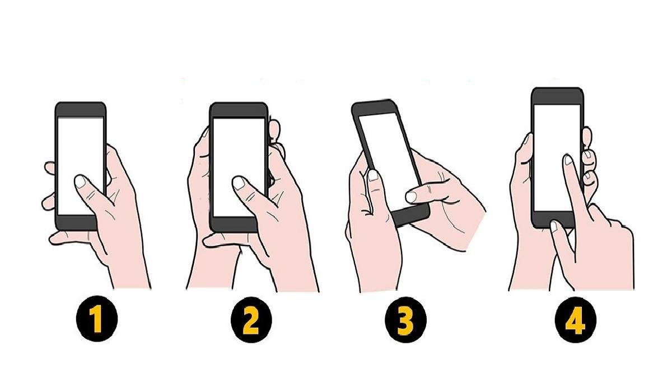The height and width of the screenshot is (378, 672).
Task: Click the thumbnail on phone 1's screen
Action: pyautogui.click(x=81, y=181)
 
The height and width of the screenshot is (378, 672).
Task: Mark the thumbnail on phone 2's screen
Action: pyautogui.click(x=239, y=183)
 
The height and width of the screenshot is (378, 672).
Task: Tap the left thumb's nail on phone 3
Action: pyautogui.click(x=373, y=176)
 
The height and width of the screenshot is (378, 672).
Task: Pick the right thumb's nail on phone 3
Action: pyautogui.click(x=412, y=196)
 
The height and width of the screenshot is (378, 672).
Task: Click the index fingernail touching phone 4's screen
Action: pyautogui.click(x=568, y=160)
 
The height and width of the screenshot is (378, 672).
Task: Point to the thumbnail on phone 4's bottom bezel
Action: pyautogui.click(x=554, y=226)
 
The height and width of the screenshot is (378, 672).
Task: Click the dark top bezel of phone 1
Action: pyautogui.click(x=81, y=109)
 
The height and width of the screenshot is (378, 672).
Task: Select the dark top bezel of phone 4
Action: pyautogui.click(x=557, y=96)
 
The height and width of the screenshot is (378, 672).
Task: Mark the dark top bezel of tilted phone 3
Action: pyautogui.click(x=372, y=108)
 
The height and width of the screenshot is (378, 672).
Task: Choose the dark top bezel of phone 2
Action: pyautogui.click(x=239, y=110)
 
